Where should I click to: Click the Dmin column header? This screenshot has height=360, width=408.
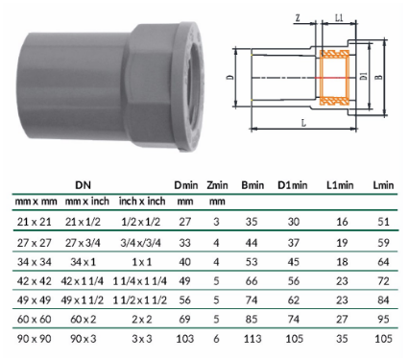[x=186, y=185]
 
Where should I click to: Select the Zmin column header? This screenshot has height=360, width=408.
[x=217, y=185]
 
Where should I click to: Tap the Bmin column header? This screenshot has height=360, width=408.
[x=252, y=185]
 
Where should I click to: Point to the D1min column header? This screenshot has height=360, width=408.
[x=293, y=185]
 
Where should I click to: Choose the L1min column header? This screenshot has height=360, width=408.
[x=340, y=185]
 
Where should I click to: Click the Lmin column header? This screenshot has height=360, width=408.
[x=383, y=185]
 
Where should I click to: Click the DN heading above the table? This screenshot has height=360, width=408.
[x=84, y=185]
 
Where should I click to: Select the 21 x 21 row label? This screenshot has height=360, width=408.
[x=35, y=222]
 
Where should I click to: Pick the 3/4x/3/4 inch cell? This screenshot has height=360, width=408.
[x=140, y=243]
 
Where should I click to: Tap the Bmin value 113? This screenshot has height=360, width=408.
[x=252, y=339]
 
